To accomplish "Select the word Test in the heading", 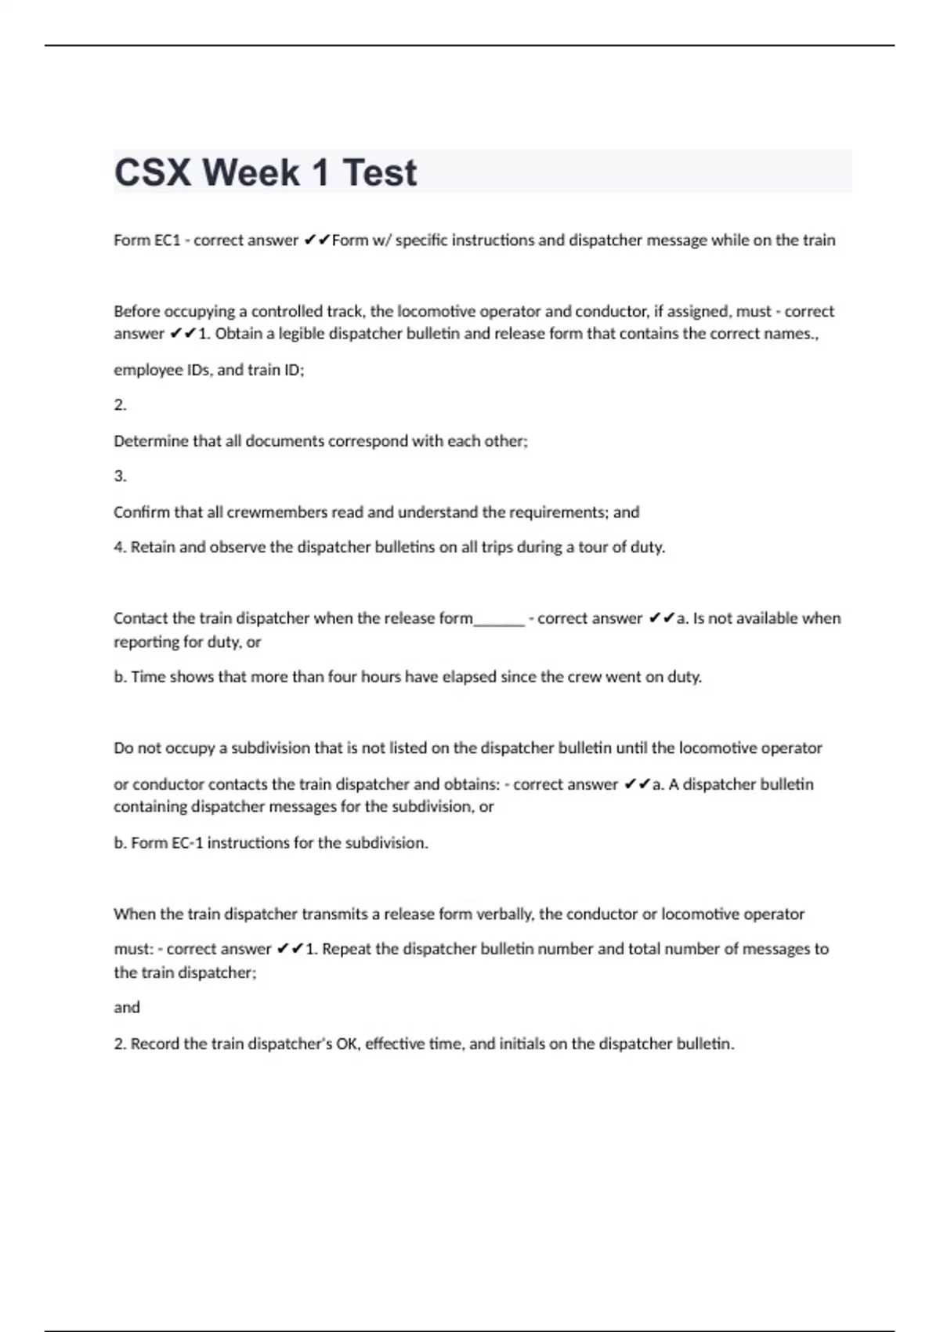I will point(380,173).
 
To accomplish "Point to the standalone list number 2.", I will point(120,405).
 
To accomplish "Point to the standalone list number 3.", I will point(120,476).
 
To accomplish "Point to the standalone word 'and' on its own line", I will point(127,1008).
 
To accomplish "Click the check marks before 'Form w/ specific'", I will point(316,241).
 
